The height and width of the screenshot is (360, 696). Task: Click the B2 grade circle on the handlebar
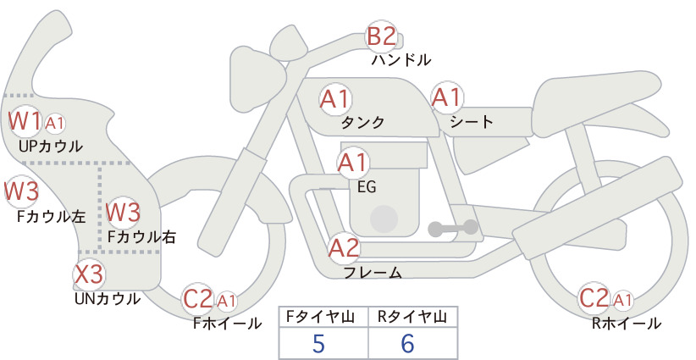[x=381, y=36]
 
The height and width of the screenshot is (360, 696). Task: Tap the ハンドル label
[x=401, y=60]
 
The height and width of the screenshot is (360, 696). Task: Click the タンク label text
[x=362, y=122]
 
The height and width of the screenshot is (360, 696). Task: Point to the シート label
[x=472, y=121]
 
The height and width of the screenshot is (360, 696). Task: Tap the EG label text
[x=367, y=186]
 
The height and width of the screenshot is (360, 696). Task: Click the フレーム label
[x=373, y=273]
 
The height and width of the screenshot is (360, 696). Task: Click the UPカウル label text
[x=51, y=147]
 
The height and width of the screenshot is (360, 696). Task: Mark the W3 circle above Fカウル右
[x=123, y=211]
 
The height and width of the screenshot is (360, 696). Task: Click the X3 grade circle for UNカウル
[x=89, y=274]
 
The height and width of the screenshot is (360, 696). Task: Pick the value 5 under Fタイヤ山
[x=318, y=344]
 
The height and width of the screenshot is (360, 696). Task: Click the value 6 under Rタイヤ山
[x=408, y=344]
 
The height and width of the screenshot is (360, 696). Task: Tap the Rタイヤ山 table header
[x=412, y=317]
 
